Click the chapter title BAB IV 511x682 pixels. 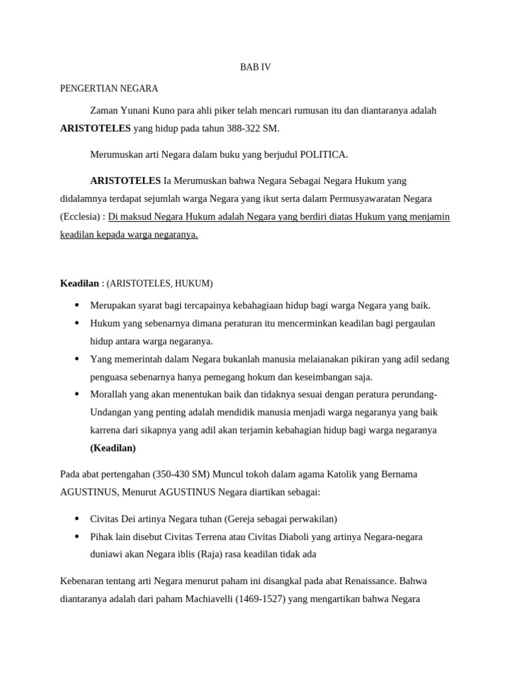coord(255,67)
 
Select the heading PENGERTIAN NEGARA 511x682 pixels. coord(109,88)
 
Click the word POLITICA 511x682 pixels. coord(323,155)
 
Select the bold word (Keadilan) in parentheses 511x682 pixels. coord(113,448)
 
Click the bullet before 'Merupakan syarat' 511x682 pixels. coord(77,305)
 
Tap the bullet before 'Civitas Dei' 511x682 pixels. coord(77,518)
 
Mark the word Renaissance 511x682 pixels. coord(373,581)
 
